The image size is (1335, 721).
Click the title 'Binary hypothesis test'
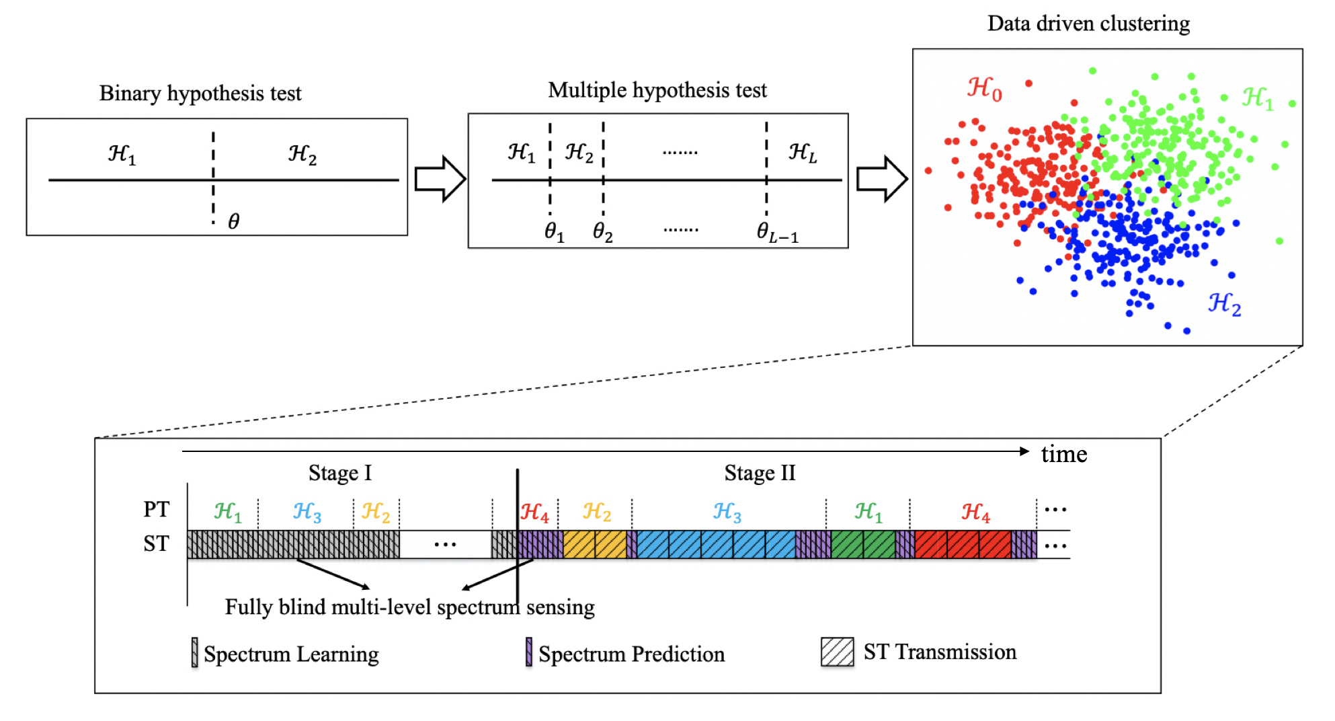(200, 93)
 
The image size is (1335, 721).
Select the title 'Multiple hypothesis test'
(657, 90)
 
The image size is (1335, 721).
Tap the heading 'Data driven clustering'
(1088, 24)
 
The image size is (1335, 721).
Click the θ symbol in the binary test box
(233, 221)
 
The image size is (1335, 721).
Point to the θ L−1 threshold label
(777, 233)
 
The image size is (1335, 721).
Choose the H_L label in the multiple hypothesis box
(803, 153)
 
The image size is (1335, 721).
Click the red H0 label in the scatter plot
(985, 89)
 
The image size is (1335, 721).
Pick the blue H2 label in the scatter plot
(1224, 304)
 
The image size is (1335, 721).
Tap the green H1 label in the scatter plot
(1257, 98)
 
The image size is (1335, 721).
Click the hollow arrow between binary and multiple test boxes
(440, 179)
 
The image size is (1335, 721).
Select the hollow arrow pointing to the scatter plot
(881, 179)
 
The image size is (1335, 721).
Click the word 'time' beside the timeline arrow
(1063, 455)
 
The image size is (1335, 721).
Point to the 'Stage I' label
(339, 473)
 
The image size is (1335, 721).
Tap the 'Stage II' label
(760, 473)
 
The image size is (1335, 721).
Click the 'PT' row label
(156, 509)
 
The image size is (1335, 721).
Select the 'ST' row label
(156, 543)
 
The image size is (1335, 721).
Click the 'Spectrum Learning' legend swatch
(194, 652)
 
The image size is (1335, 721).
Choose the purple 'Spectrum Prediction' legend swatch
(529, 652)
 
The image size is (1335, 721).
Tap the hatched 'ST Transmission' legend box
(837, 652)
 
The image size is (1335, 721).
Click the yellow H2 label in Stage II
(596, 513)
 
